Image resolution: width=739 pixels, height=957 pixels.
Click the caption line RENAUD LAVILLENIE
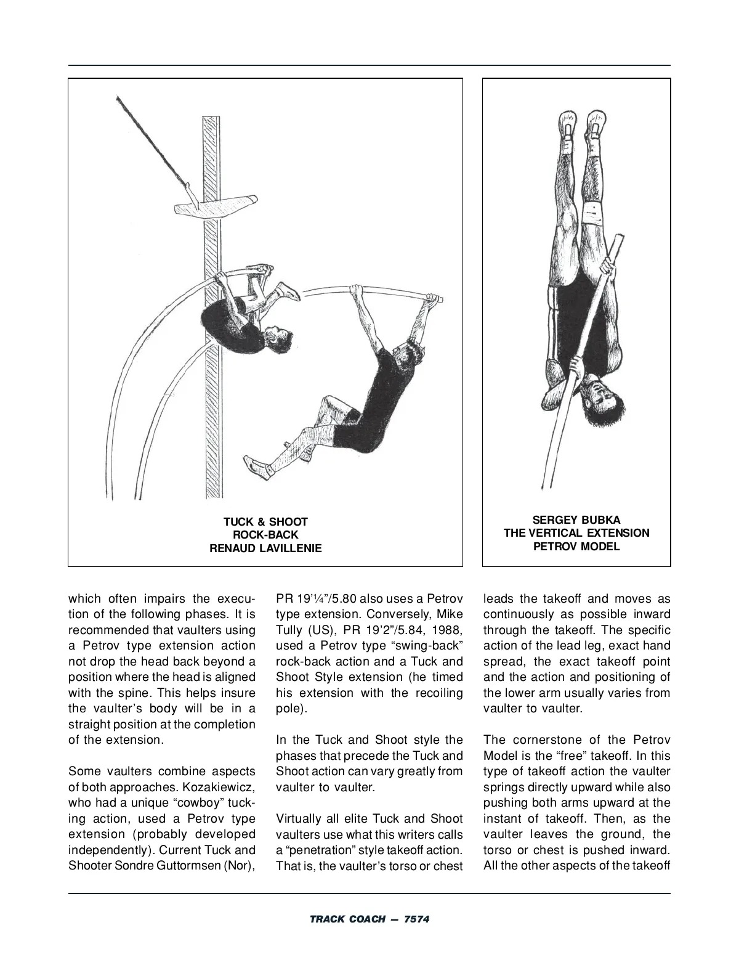click(265, 548)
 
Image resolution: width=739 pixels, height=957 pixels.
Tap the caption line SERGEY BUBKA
click(576, 520)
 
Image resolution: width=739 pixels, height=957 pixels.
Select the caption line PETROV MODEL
click(576, 547)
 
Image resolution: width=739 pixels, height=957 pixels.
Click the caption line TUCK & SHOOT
click(265, 522)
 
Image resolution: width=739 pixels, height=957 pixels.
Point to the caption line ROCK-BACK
click(265, 535)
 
